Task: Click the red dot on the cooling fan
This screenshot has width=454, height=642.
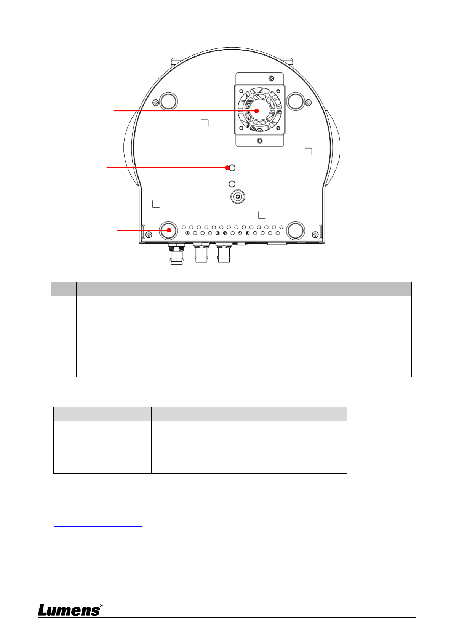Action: point(256,111)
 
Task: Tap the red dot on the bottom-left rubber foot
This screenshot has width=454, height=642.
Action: point(169,230)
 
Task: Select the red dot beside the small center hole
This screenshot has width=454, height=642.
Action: point(227,168)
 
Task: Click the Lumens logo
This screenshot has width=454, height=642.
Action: point(70,610)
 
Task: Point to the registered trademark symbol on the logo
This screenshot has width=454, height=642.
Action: point(101,605)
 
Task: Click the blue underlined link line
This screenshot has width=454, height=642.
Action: point(98,526)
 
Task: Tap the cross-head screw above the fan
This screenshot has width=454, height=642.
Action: point(271,78)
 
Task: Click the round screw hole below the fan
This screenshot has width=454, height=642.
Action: point(259,141)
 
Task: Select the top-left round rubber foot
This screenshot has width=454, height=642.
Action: point(168,101)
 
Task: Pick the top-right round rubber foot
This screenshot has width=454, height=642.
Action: point(295,101)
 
